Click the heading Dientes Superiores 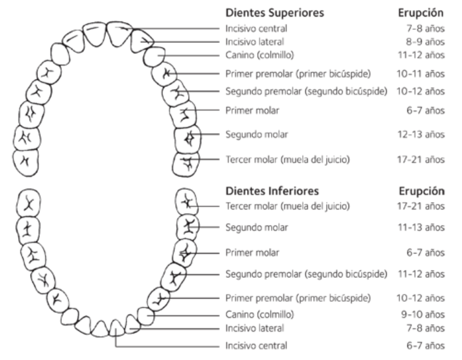[275, 12]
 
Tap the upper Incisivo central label [256, 28]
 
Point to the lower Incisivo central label [256, 345]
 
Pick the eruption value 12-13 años [427, 133]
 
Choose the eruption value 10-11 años [427, 75]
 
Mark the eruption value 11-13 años [427, 227]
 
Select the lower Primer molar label [252, 252]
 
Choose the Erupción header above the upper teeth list [420, 12]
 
